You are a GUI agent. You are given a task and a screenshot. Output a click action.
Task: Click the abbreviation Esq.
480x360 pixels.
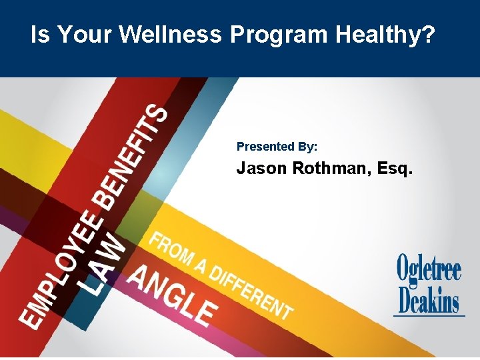[x=395, y=170]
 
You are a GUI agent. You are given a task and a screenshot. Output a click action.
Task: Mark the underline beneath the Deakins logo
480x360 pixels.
[x=429, y=315]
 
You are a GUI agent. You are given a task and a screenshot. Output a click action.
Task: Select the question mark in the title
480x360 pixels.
[x=427, y=35]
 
